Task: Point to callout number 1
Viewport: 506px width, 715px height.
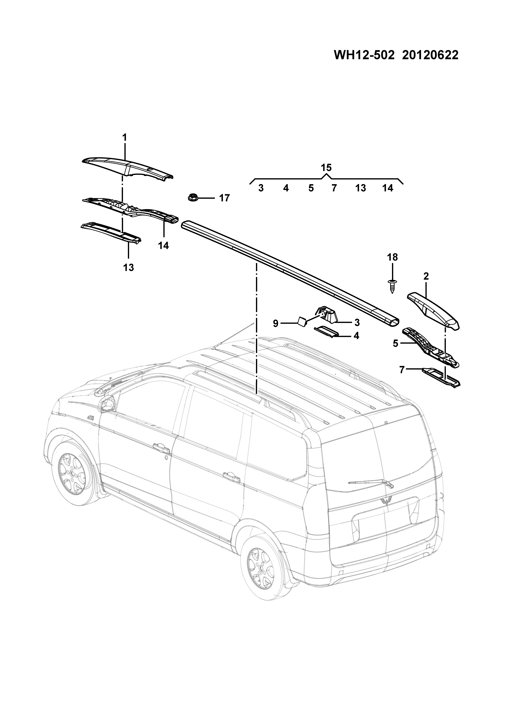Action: point(124,138)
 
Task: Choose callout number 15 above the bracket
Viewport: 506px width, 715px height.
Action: point(326,168)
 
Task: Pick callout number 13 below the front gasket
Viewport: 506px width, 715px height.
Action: point(128,267)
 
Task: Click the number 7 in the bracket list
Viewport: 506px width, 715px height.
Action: point(334,188)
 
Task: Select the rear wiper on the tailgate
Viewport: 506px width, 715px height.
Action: point(371,492)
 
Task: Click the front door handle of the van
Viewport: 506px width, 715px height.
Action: point(161,448)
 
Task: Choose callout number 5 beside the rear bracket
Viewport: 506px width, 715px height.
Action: point(395,344)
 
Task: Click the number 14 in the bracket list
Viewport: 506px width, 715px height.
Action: point(388,188)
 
